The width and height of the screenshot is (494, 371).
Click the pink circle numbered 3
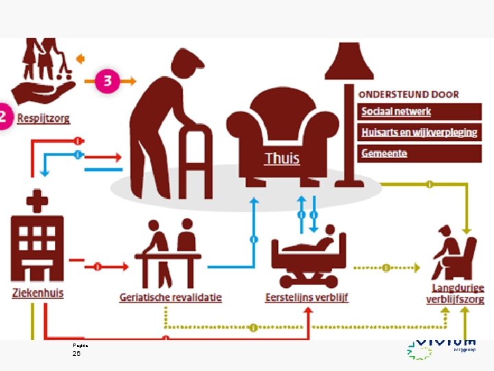point(107,80)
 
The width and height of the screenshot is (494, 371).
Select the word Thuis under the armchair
point(282,159)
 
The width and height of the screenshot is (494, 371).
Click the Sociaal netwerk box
point(396,112)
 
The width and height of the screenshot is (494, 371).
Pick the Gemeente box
point(384,153)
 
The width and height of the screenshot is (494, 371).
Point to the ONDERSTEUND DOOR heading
point(409,94)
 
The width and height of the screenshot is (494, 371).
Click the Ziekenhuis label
point(38,292)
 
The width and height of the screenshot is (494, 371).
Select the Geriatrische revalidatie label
point(170,297)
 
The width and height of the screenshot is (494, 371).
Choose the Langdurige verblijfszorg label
point(458,293)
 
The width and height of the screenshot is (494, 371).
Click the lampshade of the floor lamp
point(349,63)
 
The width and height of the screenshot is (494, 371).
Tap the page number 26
point(76,353)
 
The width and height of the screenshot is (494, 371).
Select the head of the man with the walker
point(187,67)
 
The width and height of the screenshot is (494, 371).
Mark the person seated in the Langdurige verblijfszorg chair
point(449,247)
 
